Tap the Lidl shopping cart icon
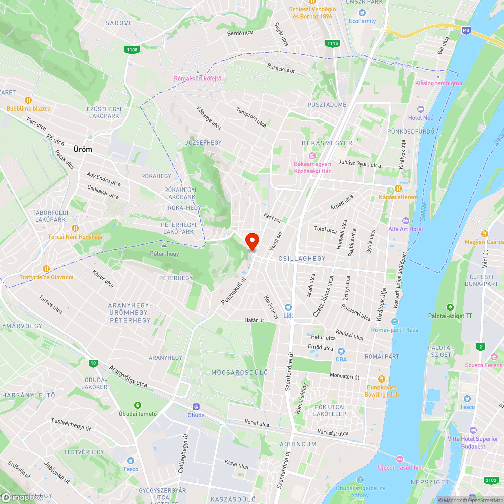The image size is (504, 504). pyautogui.click(x=288, y=307)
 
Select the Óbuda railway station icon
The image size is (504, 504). pyautogui.click(x=196, y=406)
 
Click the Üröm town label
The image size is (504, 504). pyautogui.click(x=83, y=150)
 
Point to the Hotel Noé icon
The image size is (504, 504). pyautogui.click(x=421, y=109)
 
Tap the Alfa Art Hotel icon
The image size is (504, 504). pyautogui.click(x=406, y=221)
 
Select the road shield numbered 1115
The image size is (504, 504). pyautogui.click(x=332, y=44)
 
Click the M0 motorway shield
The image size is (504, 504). pyautogui.click(x=466, y=30)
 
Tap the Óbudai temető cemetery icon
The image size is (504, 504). pyautogui.click(x=137, y=405)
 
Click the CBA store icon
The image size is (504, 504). pyautogui.click(x=341, y=351)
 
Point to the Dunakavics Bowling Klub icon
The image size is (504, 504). pyautogui.click(x=382, y=379)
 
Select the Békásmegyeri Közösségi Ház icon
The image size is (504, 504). pyautogui.click(x=312, y=155)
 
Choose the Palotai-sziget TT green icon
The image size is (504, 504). pyautogui.click(x=450, y=307)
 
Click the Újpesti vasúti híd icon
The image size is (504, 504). pyautogui.click(x=400, y=459)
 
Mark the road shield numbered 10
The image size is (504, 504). pyautogui.click(x=93, y=363)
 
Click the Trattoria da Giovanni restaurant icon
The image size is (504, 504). pyautogui.click(x=46, y=268)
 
